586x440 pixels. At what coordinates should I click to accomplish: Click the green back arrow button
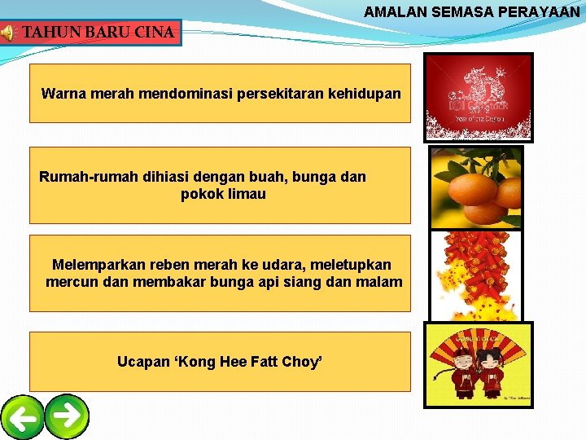click(x=23, y=418)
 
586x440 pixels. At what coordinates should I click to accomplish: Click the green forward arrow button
click(x=67, y=416)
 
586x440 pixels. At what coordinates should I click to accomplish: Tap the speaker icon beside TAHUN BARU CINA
click(x=7, y=33)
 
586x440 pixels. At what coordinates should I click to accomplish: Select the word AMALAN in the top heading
click(x=392, y=12)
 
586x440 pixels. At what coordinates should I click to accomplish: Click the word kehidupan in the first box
click(x=364, y=94)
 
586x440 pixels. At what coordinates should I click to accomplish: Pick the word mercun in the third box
click(x=71, y=282)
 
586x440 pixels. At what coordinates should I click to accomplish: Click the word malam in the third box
click(x=381, y=282)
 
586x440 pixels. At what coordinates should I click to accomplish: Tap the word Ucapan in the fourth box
click(x=144, y=361)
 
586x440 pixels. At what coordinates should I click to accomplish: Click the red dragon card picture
click(x=479, y=97)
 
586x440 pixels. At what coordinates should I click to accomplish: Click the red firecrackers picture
click(x=475, y=275)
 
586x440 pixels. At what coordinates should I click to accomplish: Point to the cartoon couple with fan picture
click(x=479, y=364)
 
